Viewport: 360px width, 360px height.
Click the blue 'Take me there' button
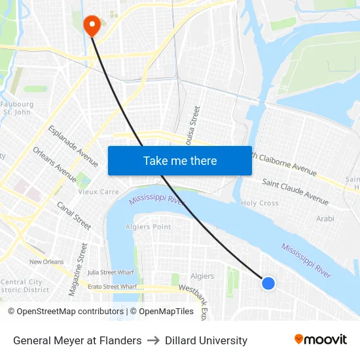point(180,160)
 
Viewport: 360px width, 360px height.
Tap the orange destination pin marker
point(91,26)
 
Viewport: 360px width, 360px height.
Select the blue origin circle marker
point(268,283)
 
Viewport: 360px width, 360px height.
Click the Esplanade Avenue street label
point(73,145)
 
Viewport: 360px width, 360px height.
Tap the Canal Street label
point(74,215)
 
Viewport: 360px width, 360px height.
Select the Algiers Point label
point(149,227)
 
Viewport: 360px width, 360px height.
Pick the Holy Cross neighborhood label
point(260,204)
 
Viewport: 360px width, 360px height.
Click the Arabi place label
point(325,219)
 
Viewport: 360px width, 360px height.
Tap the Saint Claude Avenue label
point(295,190)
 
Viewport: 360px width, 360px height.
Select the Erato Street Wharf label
point(112,287)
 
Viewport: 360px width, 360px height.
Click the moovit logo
point(321,339)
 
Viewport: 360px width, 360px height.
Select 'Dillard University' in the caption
point(206,340)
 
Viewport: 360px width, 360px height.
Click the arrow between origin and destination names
point(153,340)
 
